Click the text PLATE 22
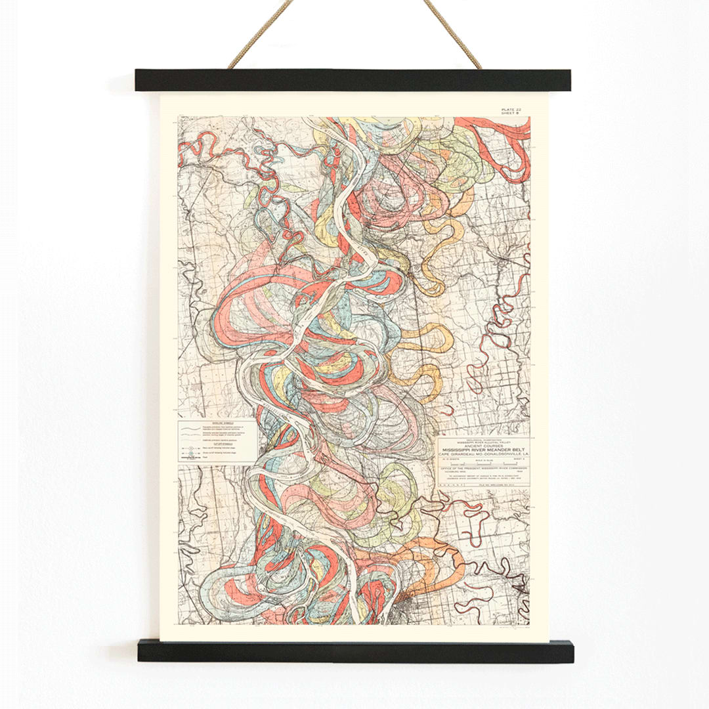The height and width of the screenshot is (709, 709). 510,109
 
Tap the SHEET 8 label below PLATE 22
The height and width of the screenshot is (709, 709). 510,114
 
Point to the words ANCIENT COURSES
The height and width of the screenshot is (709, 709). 483,446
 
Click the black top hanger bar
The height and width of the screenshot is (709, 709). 353,80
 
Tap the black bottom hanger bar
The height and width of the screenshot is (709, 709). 355,651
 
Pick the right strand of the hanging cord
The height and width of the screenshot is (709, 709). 453,36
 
